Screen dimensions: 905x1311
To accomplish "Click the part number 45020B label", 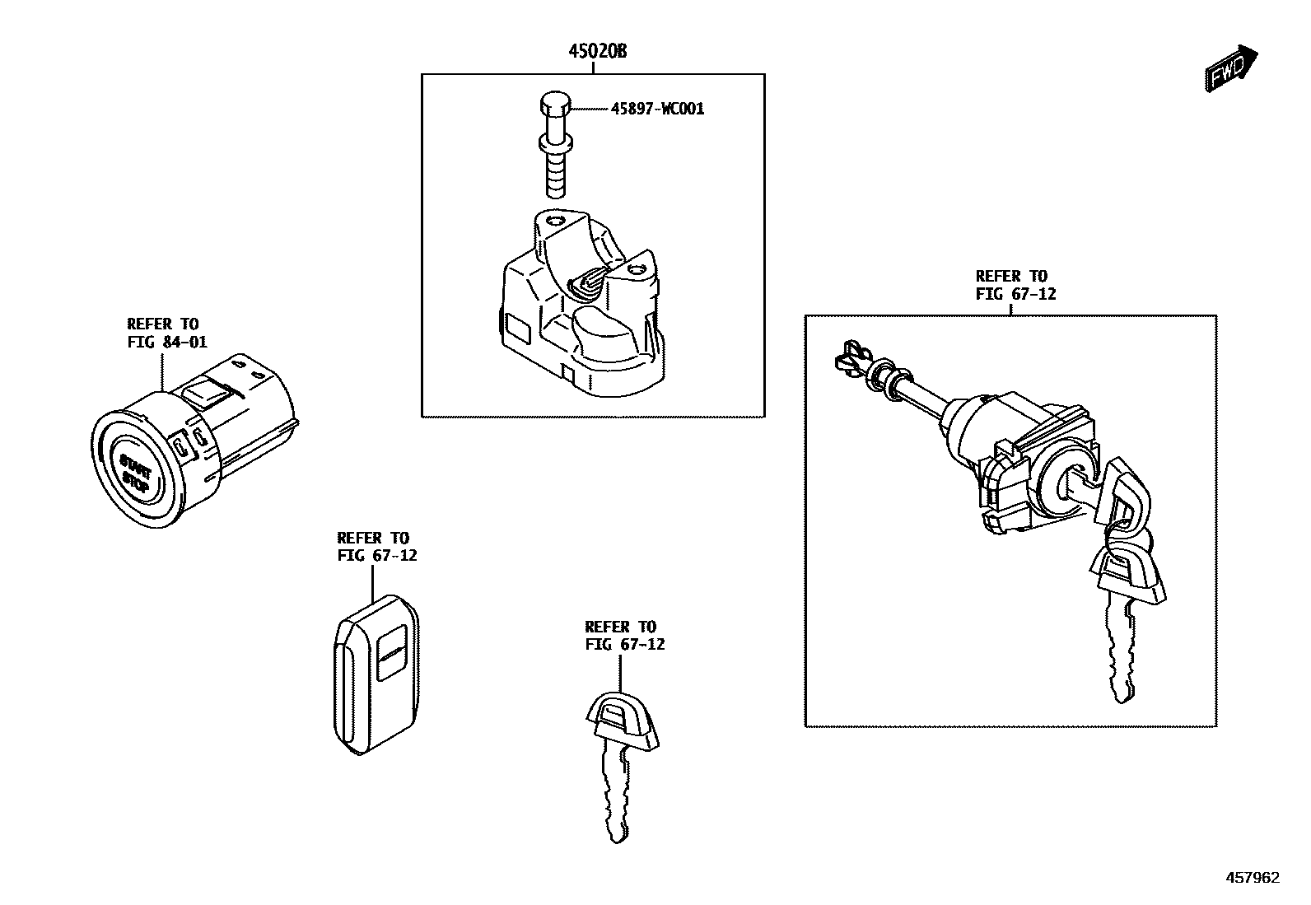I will pos(597,52).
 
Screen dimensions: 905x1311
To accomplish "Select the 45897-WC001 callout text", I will pos(657,109).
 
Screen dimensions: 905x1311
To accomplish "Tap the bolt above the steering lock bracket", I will pos(555,148).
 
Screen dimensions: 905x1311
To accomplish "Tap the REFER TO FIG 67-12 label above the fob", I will pos(376,547).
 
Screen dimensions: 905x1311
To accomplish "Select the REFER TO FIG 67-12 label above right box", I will pos(1015,285).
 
